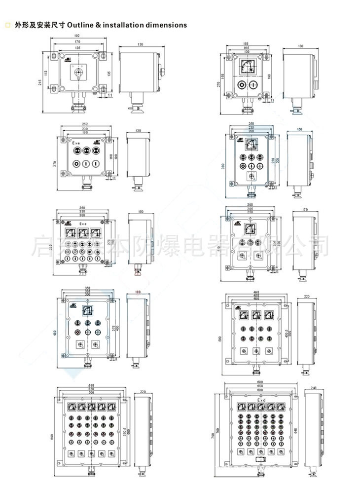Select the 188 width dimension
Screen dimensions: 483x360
[x=246, y=44]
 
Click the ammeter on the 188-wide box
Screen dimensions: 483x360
[x=246, y=68]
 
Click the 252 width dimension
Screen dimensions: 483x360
[x=85, y=124]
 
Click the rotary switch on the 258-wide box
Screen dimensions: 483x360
[x=251, y=176]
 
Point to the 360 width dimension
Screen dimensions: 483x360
[x=82, y=207]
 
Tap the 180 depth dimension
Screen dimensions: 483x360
[x=138, y=293]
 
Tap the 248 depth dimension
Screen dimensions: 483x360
[x=314, y=388]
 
